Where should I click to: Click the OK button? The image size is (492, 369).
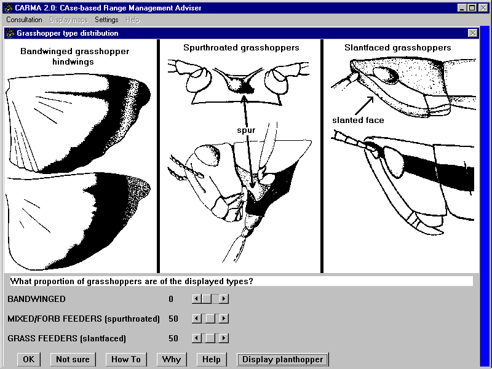(28, 359)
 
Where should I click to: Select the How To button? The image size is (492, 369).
(126, 359)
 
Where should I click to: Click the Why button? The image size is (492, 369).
(171, 359)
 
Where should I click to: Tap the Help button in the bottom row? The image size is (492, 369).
(211, 359)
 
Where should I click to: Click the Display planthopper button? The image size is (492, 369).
(283, 359)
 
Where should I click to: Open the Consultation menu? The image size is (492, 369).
(24, 20)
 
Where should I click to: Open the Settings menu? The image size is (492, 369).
(106, 20)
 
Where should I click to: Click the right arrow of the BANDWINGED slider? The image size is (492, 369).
(224, 299)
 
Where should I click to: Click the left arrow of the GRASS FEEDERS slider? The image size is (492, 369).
(196, 338)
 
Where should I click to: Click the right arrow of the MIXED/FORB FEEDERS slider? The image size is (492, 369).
(224, 319)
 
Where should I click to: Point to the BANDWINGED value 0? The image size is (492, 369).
(171, 299)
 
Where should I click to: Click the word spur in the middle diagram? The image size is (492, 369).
(246, 130)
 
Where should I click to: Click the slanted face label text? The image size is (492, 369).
(358, 120)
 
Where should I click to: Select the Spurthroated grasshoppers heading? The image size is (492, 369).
(241, 47)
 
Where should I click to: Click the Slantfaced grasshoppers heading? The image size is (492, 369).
(397, 47)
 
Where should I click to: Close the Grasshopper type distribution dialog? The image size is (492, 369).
(472, 33)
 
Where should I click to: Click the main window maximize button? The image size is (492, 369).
(472, 8)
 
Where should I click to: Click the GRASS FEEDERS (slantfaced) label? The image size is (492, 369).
(66, 338)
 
